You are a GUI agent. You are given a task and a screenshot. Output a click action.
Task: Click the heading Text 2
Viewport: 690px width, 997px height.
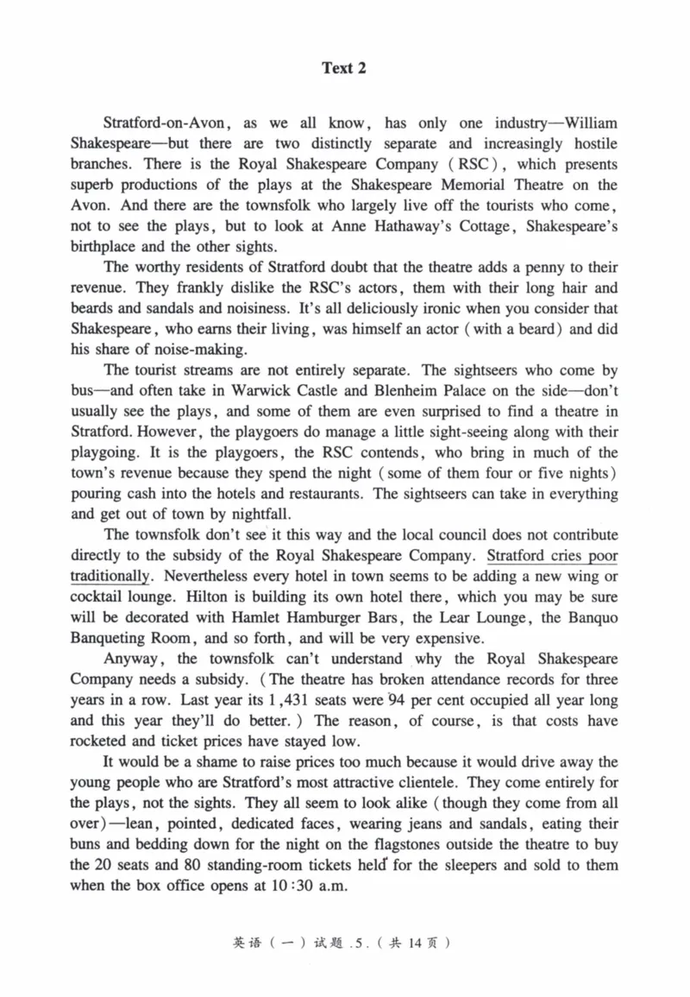(x=344, y=68)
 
